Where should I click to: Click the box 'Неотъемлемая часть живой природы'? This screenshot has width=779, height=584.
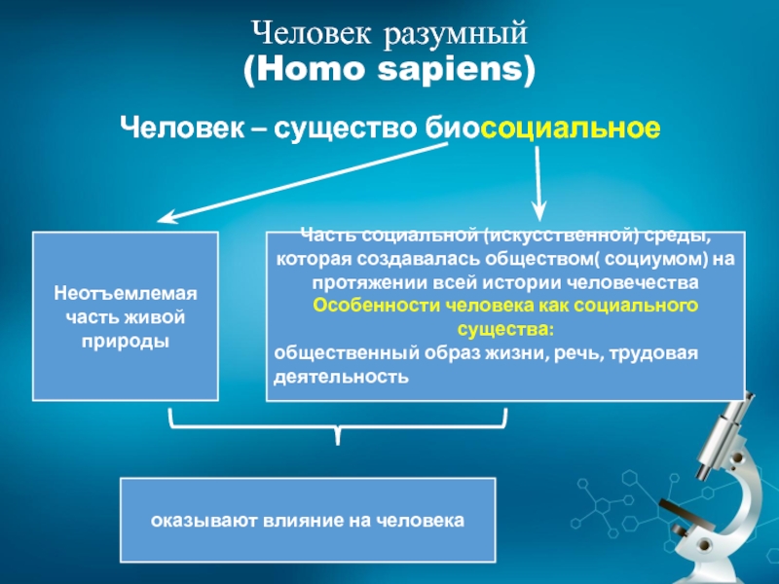[125, 315]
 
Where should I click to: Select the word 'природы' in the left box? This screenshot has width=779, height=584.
[125, 342]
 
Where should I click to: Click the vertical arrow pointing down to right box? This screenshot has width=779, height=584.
[538, 185]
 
